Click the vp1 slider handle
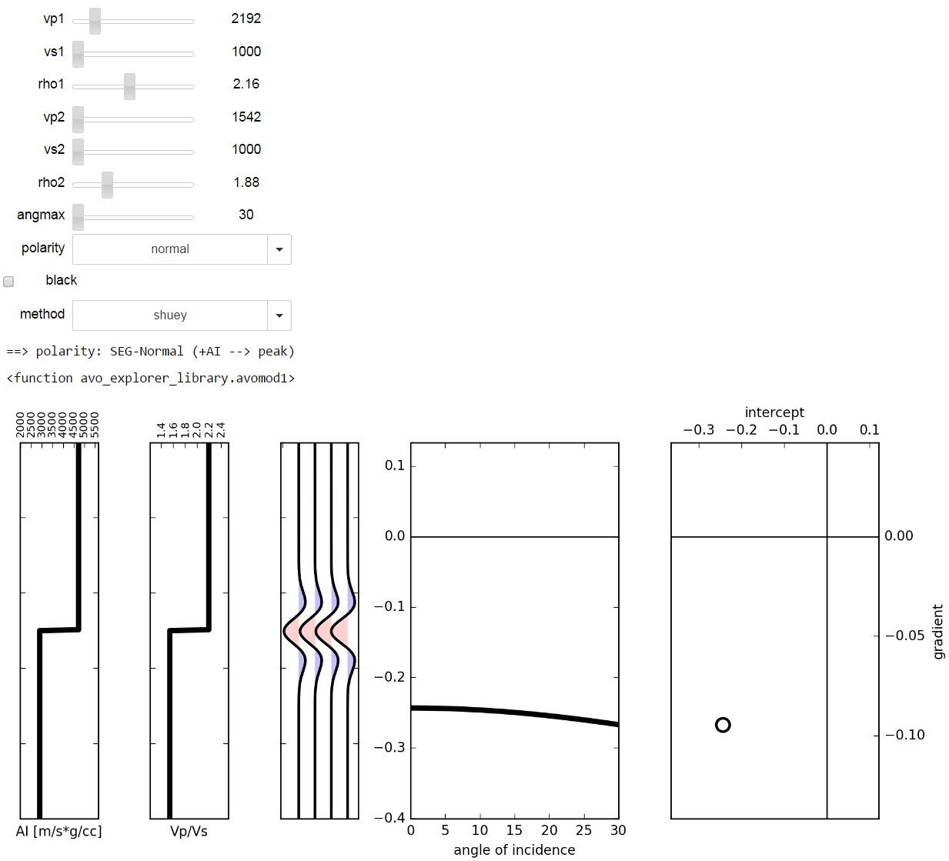(95, 22)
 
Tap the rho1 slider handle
(129, 87)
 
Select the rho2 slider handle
(108, 185)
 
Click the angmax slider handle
(78, 218)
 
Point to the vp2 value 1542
(246, 117)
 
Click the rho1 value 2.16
(246, 84)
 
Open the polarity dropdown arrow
(279, 249)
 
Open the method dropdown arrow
(279, 315)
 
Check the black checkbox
(8, 282)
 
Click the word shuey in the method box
(170, 315)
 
